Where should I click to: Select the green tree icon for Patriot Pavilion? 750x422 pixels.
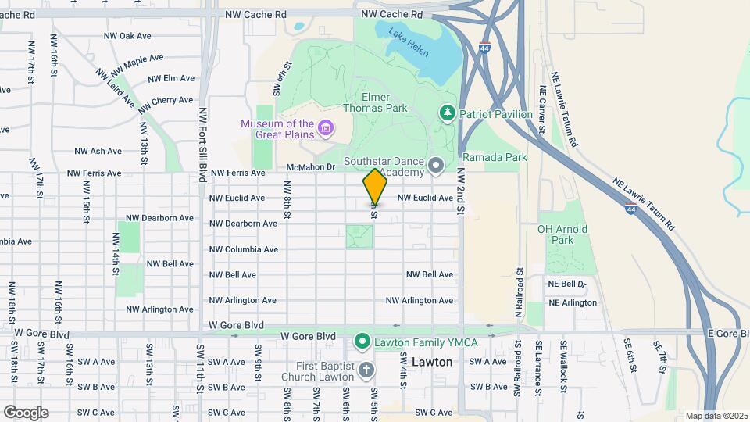coord(448,114)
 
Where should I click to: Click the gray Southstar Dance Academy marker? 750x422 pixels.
coord(436,165)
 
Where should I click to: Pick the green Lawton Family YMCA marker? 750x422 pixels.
coord(362,341)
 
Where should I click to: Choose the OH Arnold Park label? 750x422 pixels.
coord(562,234)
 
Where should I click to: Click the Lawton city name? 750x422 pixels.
coord(432,363)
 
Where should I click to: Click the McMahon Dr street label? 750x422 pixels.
coord(310,166)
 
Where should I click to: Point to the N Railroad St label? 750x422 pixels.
coord(518,294)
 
